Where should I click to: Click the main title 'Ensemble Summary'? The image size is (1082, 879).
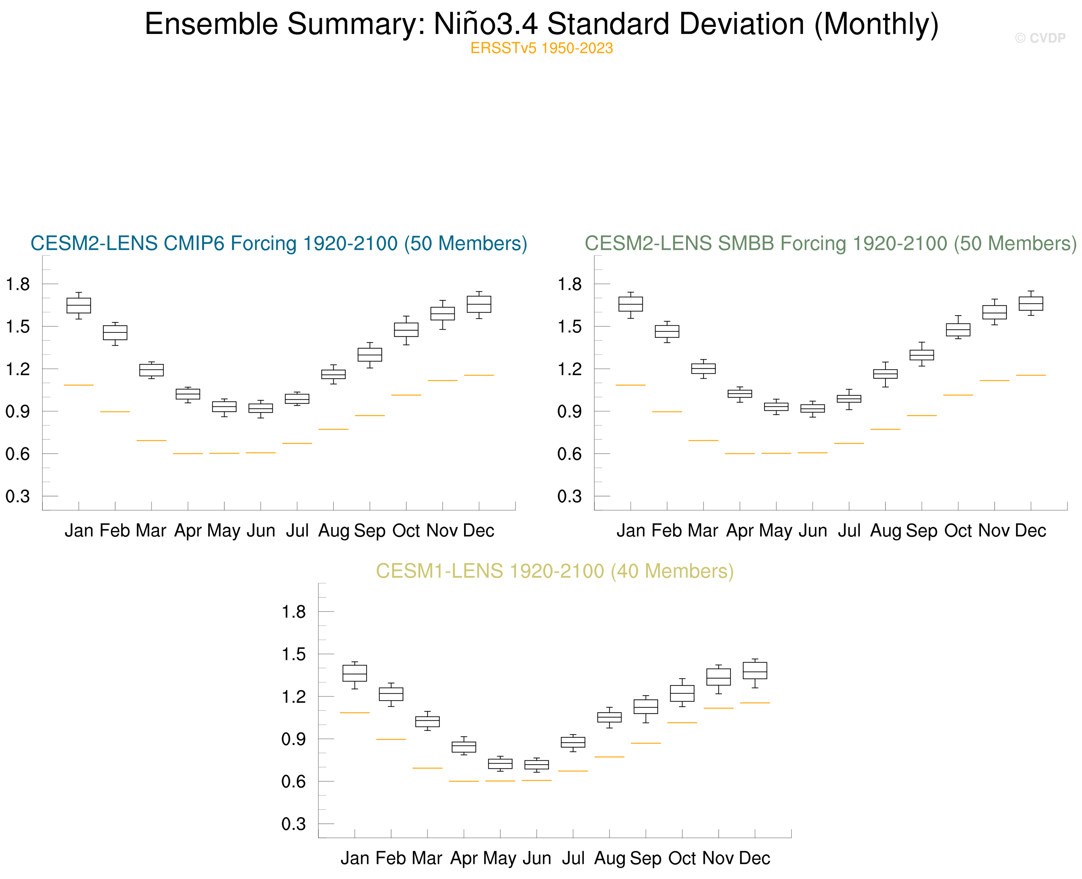pyautogui.click(x=541, y=24)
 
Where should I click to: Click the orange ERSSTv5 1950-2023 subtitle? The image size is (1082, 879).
pyautogui.click(x=541, y=48)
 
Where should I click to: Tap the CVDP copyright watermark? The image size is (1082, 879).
pyautogui.click(x=1040, y=38)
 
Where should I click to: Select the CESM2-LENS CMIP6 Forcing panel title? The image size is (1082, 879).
pyautogui.click(x=278, y=244)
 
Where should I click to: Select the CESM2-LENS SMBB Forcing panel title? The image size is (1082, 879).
pyautogui.click(x=830, y=244)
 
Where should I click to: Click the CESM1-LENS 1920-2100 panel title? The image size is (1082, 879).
pyautogui.click(x=554, y=571)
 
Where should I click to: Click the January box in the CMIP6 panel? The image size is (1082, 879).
pyautogui.click(x=79, y=305)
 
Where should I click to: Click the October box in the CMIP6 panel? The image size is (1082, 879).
pyautogui.click(x=406, y=330)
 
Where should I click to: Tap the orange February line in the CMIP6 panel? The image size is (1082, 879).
pyautogui.click(x=115, y=412)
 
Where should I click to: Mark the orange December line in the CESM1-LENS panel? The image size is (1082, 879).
pyautogui.click(x=755, y=703)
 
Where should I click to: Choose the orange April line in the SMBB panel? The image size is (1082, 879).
pyautogui.click(x=740, y=454)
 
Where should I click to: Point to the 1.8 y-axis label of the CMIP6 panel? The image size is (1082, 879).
pyautogui.click(x=18, y=284)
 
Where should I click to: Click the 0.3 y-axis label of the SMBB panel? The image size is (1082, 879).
pyautogui.click(x=569, y=496)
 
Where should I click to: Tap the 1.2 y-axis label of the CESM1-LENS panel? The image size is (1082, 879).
pyautogui.click(x=294, y=697)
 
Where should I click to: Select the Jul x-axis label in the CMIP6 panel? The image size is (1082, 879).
pyautogui.click(x=297, y=531)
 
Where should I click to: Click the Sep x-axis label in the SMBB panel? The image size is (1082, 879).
pyautogui.click(x=921, y=531)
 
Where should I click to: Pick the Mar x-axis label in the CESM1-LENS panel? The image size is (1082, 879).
pyautogui.click(x=427, y=858)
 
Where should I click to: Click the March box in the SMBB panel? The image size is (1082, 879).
pyautogui.click(x=703, y=369)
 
